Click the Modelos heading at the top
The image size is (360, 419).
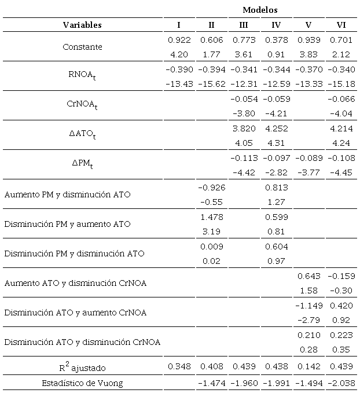point(260,10)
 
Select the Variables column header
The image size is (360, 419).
point(82,25)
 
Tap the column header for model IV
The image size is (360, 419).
point(276,25)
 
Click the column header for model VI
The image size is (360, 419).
point(341,25)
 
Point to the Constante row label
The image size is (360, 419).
point(82,47)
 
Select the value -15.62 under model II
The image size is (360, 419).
point(211,84)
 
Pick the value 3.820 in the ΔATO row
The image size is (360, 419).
point(243,128)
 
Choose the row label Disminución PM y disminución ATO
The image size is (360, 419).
point(74,253)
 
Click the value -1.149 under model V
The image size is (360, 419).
point(308,305)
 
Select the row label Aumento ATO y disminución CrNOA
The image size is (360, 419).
point(75,283)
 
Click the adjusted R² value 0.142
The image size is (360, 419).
point(308,366)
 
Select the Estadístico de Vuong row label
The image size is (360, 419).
point(82,384)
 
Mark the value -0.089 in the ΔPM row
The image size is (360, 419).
point(308,158)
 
